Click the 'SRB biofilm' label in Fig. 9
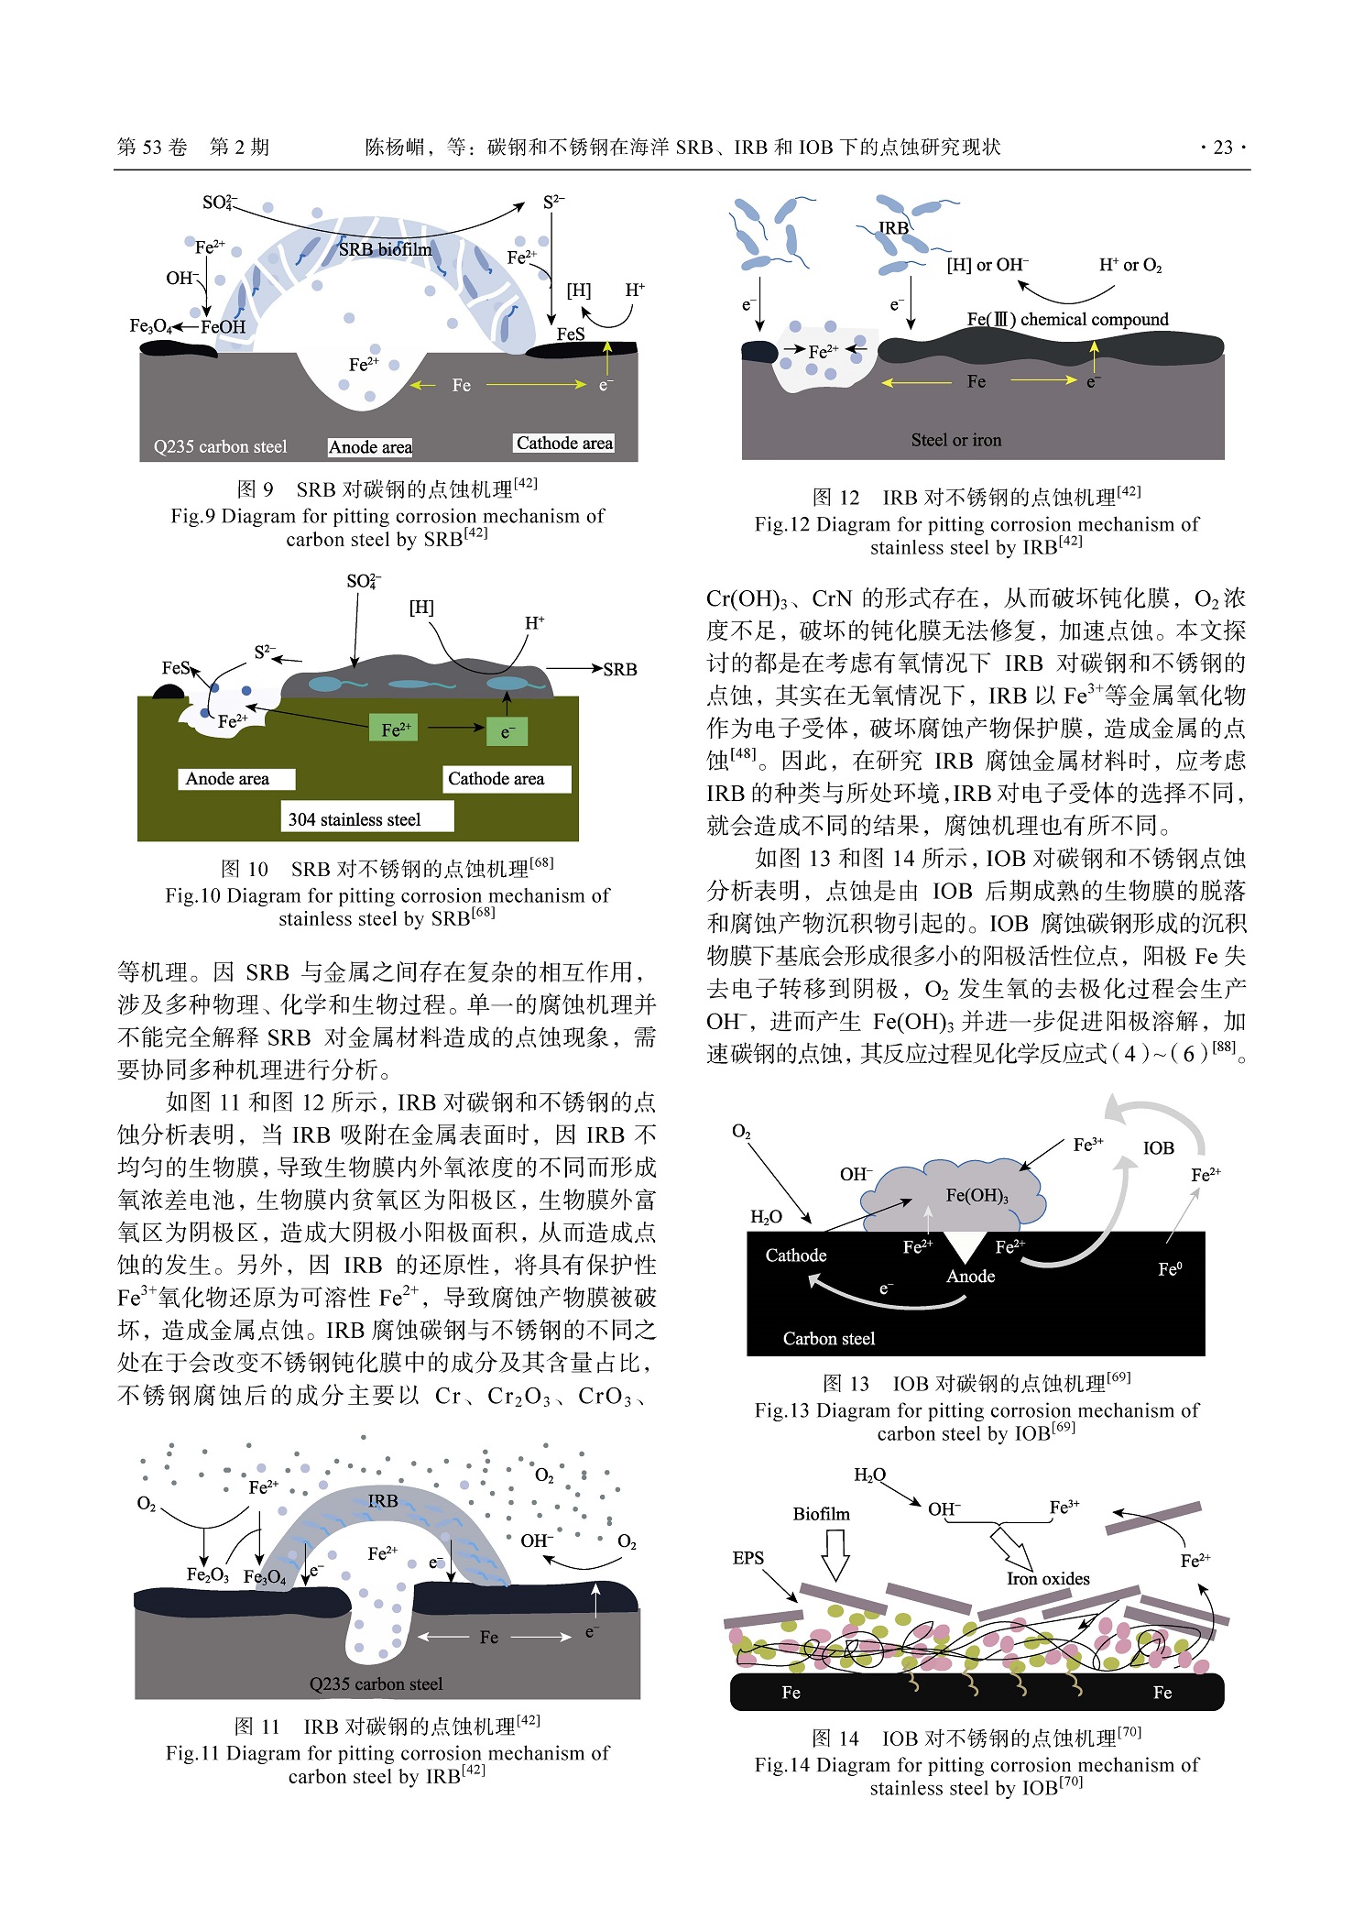click(x=385, y=249)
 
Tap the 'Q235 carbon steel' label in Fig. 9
click(x=220, y=447)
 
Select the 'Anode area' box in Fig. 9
click(x=370, y=447)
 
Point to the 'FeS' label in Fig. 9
click(x=570, y=334)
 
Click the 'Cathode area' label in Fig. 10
click(x=496, y=779)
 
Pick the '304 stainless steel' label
click(x=355, y=819)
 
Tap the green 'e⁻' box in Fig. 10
click(x=507, y=731)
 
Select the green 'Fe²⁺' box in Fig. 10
click(x=396, y=729)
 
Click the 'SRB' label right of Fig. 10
click(x=619, y=669)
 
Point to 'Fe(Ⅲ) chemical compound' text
click(x=1067, y=319)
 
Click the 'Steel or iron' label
click(x=956, y=440)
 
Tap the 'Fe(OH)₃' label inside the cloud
click(x=977, y=1195)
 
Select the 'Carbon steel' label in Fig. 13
click(x=829, y=1339)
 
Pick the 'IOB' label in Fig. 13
click(x=1158, y=1148)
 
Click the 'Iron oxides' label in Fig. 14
click(x=1048, y=1578)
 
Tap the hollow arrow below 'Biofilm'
click(x=835, y=1554)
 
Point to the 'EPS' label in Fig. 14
click(x=748, y=1558)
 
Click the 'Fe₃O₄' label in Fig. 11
click(x=265, y=1576)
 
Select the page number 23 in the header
click(x=1222, y=148)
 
